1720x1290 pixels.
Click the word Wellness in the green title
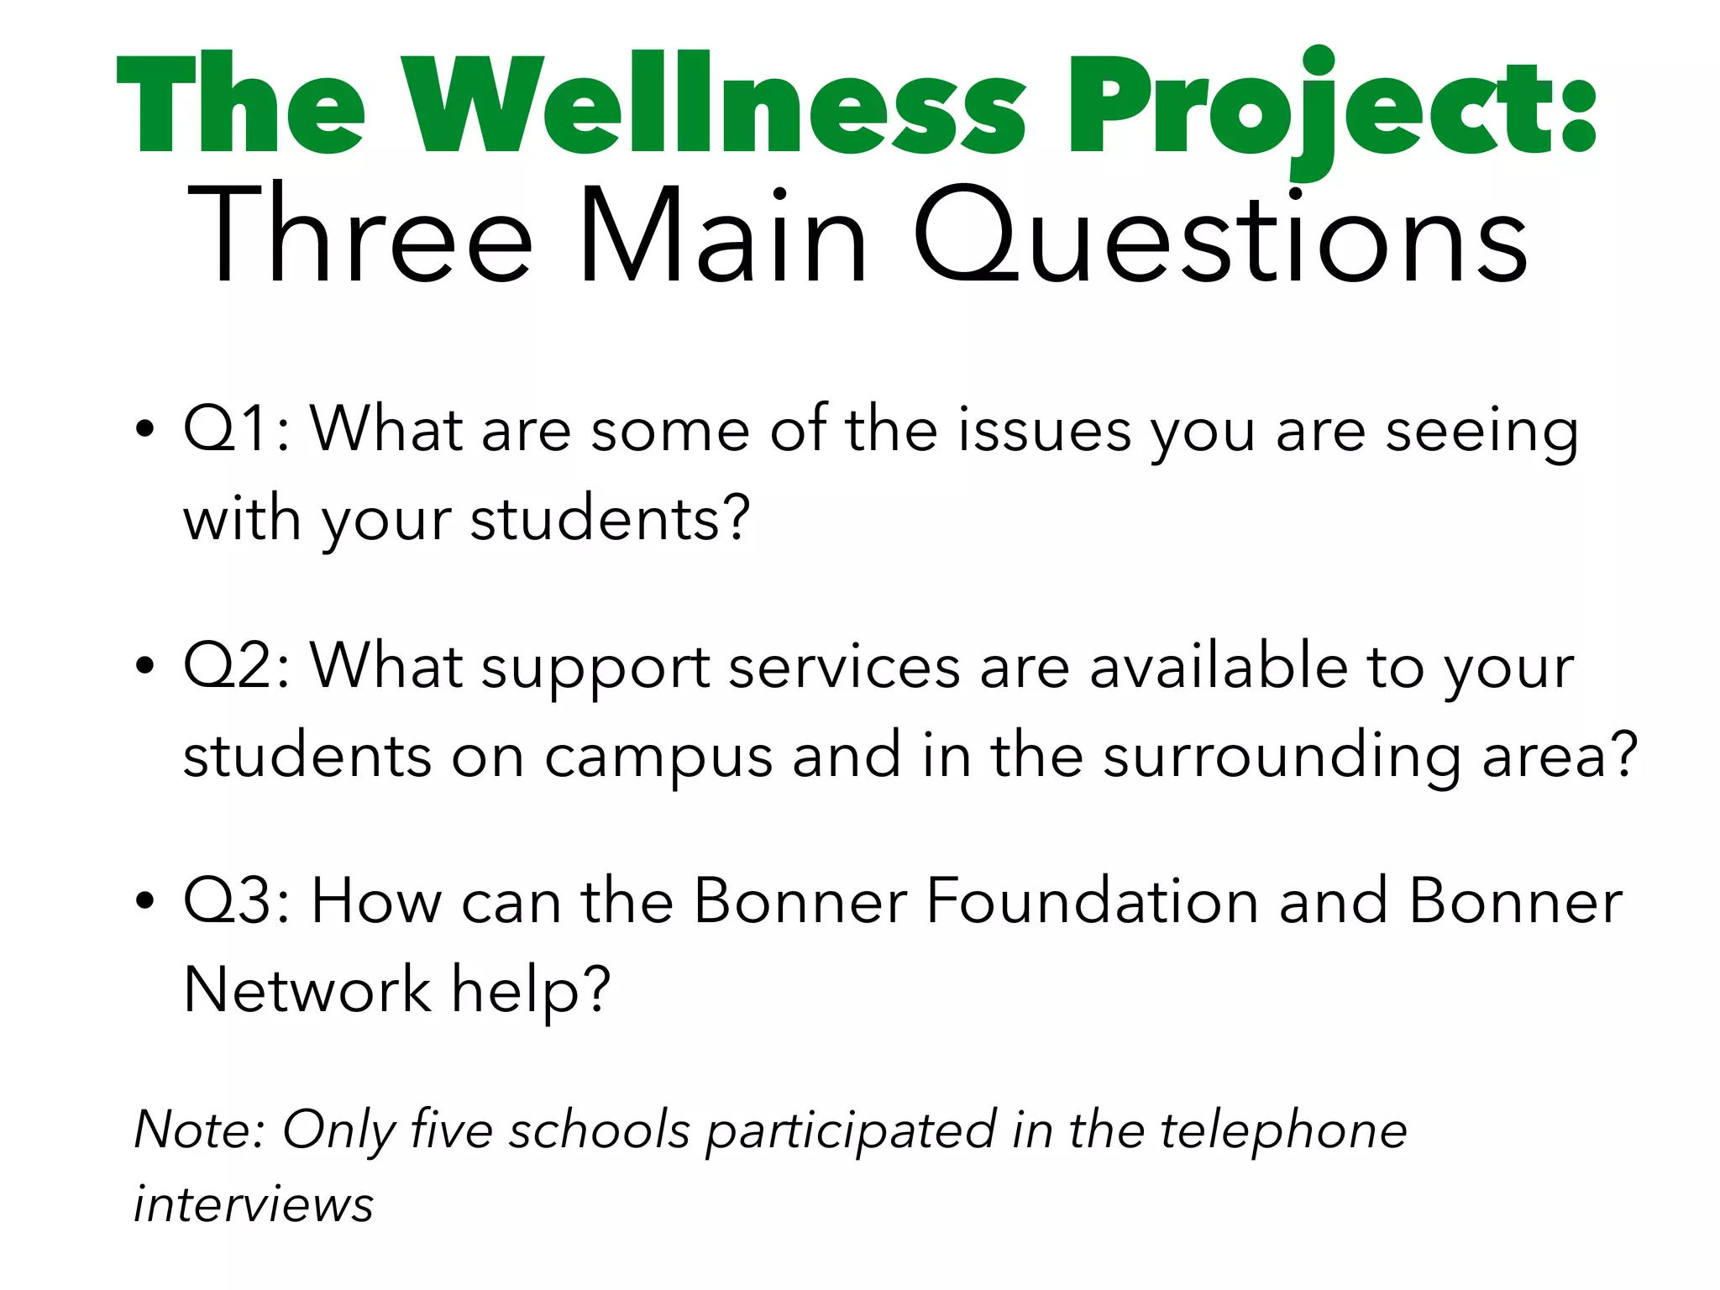(x=714, y=105)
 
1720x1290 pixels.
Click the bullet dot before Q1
(x=145, y=429)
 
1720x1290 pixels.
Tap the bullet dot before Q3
(x=145, y=901)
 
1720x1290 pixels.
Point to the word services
(x=843, y=667)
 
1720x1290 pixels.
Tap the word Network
(x=307, y=989)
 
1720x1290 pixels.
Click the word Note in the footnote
(x=195, y=1130)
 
